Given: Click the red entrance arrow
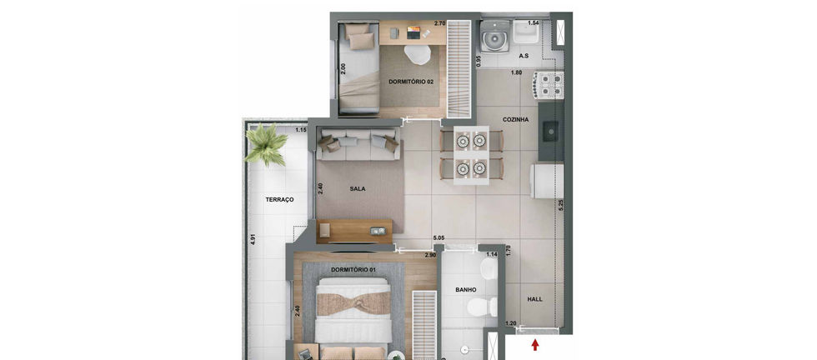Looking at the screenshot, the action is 535,345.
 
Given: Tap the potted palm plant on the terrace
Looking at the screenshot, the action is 266,144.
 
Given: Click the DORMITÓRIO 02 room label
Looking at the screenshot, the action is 410,82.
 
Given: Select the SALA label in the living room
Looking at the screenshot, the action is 358,189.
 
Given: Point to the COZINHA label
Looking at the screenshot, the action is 515,119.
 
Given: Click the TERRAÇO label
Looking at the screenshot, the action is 279,199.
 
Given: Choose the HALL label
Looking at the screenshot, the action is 534,299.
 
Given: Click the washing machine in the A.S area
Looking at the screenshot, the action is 495,36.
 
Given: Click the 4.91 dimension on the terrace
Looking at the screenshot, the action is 253,239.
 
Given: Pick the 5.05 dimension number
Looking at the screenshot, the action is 439,238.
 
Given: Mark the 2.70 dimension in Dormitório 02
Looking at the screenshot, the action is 440,23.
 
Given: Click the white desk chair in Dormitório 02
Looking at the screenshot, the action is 418,54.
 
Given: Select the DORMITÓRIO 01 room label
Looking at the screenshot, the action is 354,269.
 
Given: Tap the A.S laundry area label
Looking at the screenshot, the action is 524,56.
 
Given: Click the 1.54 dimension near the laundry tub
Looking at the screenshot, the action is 533,23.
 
